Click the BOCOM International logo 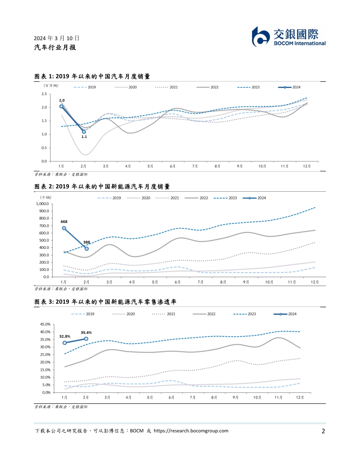(289, 37)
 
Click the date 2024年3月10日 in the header (57, 38)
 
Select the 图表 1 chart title (92, 77)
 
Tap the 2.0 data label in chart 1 (61, 100)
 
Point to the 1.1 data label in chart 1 (84, 137)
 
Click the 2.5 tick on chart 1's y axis (44, 94)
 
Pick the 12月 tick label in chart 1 (307, 166)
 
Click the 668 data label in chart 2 (64, 222)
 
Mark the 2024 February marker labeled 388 (86, 249)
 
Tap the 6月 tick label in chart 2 (177, 282)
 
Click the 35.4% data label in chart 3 (86, 332)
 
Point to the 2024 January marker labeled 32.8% (64, 342)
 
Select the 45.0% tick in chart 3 (45, 324)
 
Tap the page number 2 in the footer (323, 431)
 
